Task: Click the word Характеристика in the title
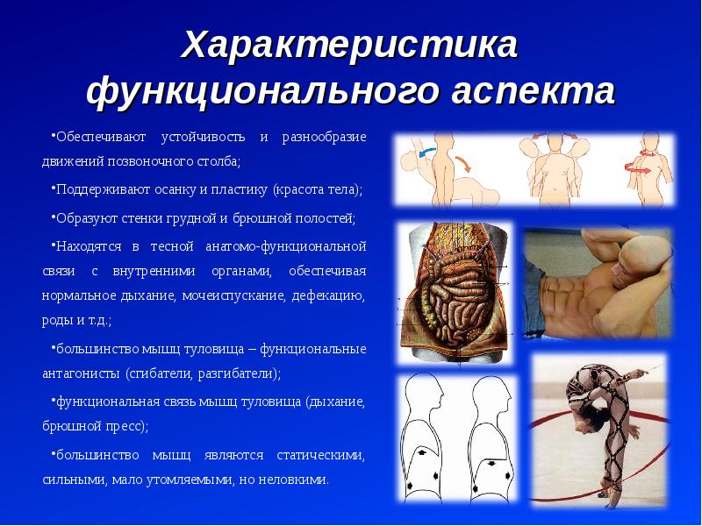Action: (349, 45)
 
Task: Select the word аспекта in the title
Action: (533, 91)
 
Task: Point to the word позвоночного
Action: (151, 161)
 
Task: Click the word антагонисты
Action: (81, 373)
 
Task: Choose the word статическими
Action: (320, 455)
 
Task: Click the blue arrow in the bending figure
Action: (427, 153)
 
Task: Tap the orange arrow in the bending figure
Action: (464, 163)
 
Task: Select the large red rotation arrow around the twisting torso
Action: (638, 168)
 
